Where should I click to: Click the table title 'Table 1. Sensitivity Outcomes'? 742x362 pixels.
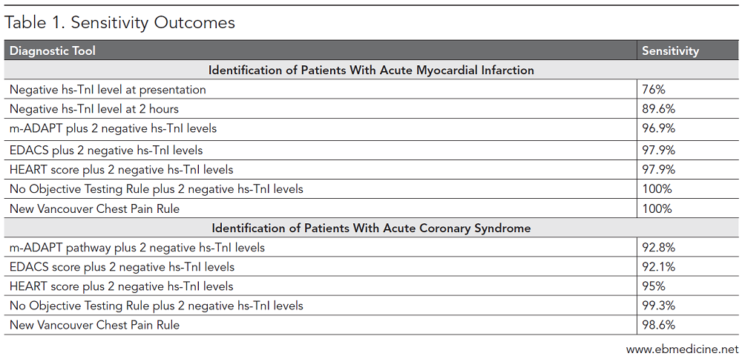[120, 23]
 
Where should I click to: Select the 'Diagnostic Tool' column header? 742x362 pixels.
[53, 51]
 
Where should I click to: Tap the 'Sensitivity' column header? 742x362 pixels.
[670, 51]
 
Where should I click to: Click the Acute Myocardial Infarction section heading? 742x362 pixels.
[371, 70]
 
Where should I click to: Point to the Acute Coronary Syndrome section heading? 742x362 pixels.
[371, 228]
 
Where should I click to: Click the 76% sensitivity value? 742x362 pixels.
[653, 90]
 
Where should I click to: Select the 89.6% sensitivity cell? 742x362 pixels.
[658, 109]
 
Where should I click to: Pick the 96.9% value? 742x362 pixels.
[658, 128]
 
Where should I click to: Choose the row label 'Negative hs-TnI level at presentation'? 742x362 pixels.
[108, 90]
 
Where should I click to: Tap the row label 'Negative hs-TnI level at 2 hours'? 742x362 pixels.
[94, 109]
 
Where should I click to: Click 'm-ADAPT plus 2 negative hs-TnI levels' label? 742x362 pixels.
[113, 128]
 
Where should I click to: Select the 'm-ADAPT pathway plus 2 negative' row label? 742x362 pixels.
[137, 247]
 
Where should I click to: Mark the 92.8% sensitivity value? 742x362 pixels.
[658, 247]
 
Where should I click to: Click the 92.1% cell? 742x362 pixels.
[658, 267]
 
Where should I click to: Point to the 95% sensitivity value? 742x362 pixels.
[653, 286]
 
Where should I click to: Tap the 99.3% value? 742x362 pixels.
[658, 306]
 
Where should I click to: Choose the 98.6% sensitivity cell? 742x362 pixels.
[658, 325]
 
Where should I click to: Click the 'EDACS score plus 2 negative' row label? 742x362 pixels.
[122, 267]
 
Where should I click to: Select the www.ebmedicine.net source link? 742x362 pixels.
[683, 349]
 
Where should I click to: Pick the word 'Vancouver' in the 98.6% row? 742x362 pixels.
[65, 325]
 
